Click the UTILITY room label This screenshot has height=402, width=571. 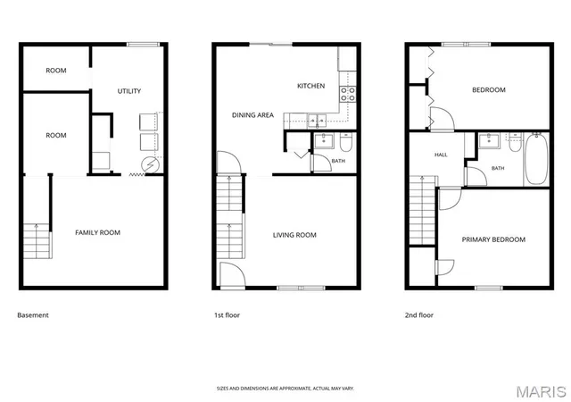[x=128, y=91]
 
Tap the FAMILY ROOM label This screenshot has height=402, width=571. [x=97, y=233]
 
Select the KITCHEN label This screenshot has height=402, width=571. [x=311, y=86]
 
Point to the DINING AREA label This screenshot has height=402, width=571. [x=252, y=115]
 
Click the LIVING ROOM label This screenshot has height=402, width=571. [x=294, y=235]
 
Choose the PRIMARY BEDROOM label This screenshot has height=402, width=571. [x=493, y=239]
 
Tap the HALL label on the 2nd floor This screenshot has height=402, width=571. [x=441, y=155]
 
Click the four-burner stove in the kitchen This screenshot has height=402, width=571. [x=348, y=94]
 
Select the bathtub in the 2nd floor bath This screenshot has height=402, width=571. [x=536, y=159]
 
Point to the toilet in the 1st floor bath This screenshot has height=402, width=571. [x=345, y=142]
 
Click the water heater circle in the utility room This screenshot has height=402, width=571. [x=151, y=165]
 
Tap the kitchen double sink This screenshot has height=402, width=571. [x=317, y=121]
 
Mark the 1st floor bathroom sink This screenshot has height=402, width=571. [x=324, y=141]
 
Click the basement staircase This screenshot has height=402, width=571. [x=37, y=241]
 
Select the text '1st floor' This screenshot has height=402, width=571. [x=227, y=315]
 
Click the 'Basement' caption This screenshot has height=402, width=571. [x=33, y=315]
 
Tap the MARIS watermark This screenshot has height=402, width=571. [x=542, y=392]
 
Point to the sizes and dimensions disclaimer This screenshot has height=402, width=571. [x=285, y=389]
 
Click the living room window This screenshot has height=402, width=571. [x=301, y=288]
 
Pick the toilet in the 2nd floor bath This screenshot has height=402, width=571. [x=515, y=142]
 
